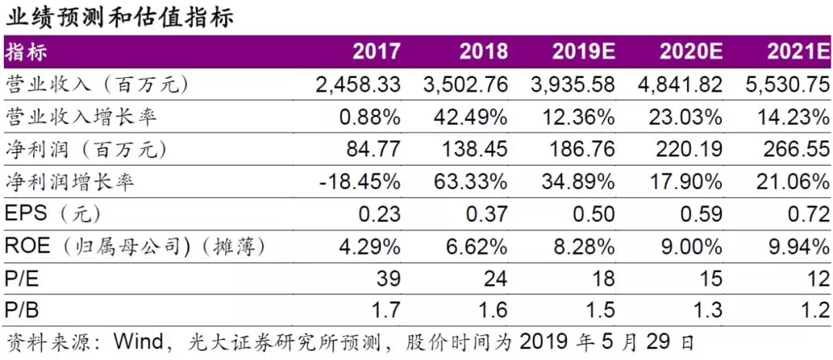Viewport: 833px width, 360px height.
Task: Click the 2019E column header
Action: tap(583, 52)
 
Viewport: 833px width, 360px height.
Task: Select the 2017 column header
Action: tap(376, 52)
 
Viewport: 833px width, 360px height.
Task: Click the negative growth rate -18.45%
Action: tap(359, 183)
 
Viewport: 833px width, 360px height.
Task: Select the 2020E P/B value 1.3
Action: tap(708, 311)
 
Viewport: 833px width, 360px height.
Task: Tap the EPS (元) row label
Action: tap(52, 214)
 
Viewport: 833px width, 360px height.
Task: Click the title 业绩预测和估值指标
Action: tap(119, 16)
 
